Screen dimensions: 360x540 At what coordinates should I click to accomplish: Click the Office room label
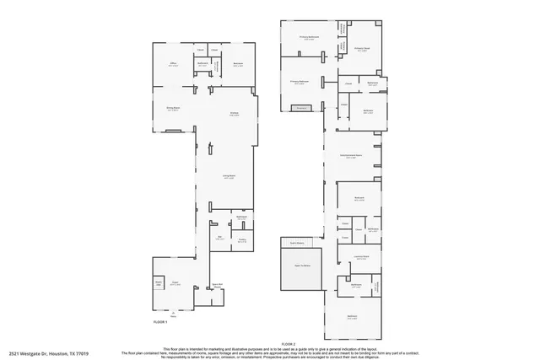tap(172, 63)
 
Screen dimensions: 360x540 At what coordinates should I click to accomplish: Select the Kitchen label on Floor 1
tap(235, 115)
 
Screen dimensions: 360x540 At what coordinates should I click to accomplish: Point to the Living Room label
tap(228, 177)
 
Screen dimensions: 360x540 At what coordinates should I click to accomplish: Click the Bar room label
tap(220, 238)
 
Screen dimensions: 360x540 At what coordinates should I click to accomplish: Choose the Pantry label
tap(241, 241)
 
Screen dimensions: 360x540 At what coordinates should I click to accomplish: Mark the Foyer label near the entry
tap(175, 284)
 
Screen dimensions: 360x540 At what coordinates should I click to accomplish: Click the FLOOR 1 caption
tap(160, 322)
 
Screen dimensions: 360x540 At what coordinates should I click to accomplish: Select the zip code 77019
tap(82, 353)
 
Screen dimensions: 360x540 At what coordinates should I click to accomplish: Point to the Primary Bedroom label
tap(299, 82)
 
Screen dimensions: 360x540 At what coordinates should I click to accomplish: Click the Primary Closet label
tap(361, 49)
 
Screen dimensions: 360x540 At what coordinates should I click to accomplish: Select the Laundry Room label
tap(360, 259)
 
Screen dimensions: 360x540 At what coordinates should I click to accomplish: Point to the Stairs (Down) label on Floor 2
tap(296, 243)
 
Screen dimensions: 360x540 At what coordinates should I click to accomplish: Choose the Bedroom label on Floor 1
tap(239, 64)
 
